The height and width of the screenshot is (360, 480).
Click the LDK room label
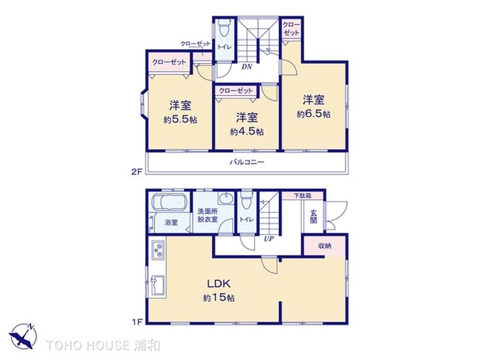219,283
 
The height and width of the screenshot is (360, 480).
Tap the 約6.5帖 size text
314,115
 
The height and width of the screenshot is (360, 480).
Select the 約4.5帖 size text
247,132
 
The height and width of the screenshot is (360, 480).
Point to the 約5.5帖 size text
180,119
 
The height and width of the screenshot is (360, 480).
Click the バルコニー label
247,161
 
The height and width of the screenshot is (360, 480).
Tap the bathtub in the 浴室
169,203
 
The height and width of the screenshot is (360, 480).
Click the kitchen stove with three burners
158,249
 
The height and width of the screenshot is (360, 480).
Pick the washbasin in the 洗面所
226,199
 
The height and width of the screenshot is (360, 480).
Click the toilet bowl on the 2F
225,28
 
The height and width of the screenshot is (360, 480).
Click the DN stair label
246,66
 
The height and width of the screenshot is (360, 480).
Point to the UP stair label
269,239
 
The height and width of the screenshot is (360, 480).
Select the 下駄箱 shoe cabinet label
303,195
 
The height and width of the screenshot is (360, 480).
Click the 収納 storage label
324,245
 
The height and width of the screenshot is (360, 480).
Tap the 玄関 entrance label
313,216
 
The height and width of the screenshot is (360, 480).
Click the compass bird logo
23,336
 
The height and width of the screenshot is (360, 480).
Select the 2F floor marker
137,172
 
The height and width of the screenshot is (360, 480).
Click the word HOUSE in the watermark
108,345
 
